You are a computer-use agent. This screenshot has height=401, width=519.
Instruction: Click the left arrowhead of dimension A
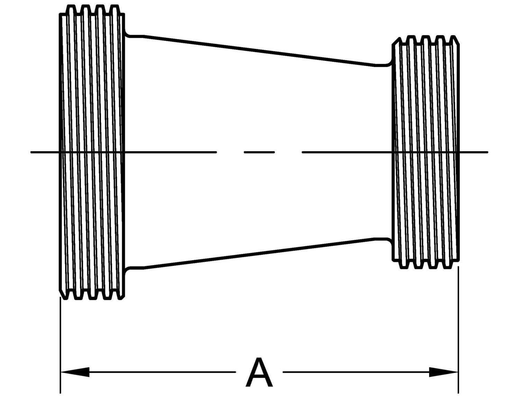coord(74,372)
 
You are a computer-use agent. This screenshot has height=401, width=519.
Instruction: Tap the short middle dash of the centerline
coord(259,152)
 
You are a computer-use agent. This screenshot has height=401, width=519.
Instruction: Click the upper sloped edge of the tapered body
coord(259,50)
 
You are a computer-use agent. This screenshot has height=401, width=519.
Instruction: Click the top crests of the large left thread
coord(93,6)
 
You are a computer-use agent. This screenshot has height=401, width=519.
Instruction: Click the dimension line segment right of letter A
coord(356,372)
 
